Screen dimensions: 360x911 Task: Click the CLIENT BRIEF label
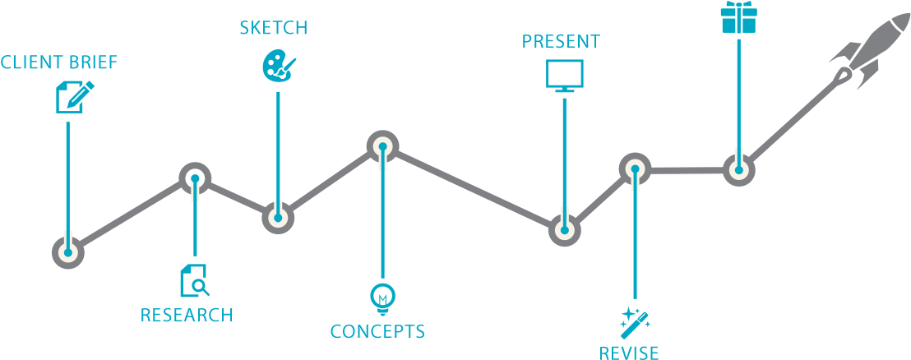[x=59, y=62]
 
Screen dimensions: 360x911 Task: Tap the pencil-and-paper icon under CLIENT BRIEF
[x=73, y=96]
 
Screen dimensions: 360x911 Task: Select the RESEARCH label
[x=186, y=315]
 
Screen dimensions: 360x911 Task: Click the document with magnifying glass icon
[x=194, y=280]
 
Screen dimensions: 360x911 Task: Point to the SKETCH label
[x=274, y=28]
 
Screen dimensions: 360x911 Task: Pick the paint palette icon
[x=277, y=66]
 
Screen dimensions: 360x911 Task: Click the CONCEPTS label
[x=377, y=332]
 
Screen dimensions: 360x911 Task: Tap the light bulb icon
[x=382, y=298]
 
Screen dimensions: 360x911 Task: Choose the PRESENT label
[x=561, y=41]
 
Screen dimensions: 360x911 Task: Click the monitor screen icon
[x=564, y=75]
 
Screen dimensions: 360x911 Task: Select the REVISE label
[x=629, y=353]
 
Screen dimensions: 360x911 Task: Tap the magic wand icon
[x=635, y=321]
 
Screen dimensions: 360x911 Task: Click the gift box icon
[x=738, y=17]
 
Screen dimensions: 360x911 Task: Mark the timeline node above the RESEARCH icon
[x=195, y=178]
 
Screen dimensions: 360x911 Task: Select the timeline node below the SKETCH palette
[x=278, y=218]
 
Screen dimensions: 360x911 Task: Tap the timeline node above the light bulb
[x=382, y=148]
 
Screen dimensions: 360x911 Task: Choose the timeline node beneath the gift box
[x=738, y=170]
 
